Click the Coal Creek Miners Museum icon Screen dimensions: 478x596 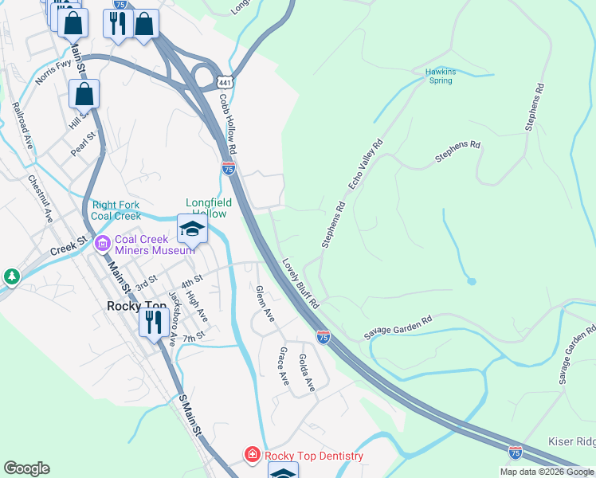click(x=102, y=243)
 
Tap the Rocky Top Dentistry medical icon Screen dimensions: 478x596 click(x=252, y=455)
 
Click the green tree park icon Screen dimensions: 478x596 click(x=11, y=276)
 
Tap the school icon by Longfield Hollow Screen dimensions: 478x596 click(x=192, y=229)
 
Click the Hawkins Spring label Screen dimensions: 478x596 click(x=440, y=76)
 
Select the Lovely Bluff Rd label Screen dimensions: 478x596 click(x=300, y=284)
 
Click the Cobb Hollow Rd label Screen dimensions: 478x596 click(x=228, y=124)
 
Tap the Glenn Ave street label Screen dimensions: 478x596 click(x=265, y=304)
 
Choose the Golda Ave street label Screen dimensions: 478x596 click(x=306, y=372)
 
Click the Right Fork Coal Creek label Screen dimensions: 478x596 click(x=116, y=210)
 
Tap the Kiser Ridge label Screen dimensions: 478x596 click(x=571, y=441)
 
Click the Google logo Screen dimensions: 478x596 click(x=26, y=468)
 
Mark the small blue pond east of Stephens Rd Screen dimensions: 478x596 click(x=472, y=280)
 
